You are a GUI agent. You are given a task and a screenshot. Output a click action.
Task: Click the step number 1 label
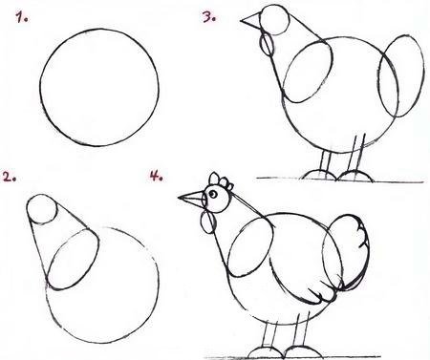tap(22, 17)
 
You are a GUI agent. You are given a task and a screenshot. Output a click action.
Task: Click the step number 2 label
tap(10, 177)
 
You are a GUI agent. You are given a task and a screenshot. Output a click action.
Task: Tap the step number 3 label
tap(209, 17)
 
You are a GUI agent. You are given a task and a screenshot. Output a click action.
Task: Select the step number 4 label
tap(156, 176)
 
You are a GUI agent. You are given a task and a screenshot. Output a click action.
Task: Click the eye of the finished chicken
tap(213, 194)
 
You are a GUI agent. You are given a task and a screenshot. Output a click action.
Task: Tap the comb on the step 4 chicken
tap(221, 181)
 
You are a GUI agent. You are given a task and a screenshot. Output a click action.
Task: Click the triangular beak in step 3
tap(251, 21)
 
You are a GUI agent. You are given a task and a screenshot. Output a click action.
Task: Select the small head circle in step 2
tap(42, 208)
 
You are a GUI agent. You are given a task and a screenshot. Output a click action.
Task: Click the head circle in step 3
tap(274, 19)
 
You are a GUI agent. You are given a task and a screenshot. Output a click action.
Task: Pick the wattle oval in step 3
tap(267, 45)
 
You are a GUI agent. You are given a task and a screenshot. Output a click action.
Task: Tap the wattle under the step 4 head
tap(208, 222)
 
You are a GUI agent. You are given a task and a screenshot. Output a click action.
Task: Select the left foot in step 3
tap(319, 175)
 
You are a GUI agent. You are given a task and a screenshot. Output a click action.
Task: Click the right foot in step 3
tap(355, 176)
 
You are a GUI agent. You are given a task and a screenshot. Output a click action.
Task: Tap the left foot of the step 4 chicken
tap(265, 352)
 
